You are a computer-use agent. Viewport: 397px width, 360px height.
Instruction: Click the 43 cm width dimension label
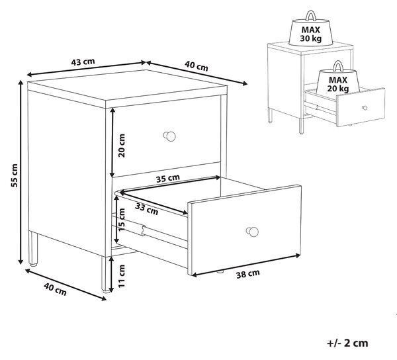[83, 62]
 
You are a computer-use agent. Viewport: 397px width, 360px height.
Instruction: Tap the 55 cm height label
[15, 175]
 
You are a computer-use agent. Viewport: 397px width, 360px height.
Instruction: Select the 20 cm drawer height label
[122, 146]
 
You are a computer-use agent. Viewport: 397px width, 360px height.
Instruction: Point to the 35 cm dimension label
[168, 178]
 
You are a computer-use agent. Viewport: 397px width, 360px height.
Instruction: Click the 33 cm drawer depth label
[147, 209]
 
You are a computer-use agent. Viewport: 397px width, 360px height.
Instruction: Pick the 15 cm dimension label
[122, 220]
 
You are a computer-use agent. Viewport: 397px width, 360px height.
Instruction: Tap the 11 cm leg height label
[122, 276]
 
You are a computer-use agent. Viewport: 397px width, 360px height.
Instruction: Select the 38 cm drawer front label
[248, 274]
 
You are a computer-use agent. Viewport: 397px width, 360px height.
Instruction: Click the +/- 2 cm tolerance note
[347, 343]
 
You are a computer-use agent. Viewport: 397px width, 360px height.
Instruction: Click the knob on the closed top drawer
[169, 136]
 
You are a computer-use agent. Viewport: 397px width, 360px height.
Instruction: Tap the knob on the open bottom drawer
[252, 232]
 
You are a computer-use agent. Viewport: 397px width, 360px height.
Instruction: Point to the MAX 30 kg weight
[311, 29]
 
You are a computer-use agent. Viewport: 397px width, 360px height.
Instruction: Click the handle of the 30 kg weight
[311, 15]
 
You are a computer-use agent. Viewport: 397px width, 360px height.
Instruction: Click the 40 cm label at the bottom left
[55, 289]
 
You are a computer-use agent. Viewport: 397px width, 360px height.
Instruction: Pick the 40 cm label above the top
[197, 66]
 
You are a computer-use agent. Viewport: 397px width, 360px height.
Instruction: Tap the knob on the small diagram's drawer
[365, 108]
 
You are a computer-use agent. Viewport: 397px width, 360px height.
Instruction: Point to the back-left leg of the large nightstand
[33, 248]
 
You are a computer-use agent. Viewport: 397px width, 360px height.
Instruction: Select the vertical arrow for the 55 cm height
[21, 172]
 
